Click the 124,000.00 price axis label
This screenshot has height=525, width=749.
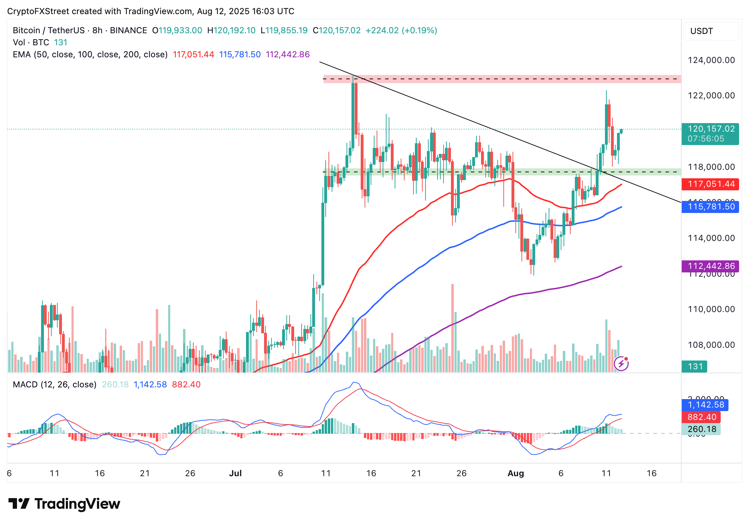point(711,60)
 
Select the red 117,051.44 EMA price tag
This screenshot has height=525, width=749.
point(710,184)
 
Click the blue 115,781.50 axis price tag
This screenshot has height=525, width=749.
point(710,207)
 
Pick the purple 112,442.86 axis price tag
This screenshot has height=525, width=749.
point(710,266)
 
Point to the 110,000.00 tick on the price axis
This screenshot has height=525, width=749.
point(711,309)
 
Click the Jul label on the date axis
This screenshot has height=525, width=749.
point(235,473)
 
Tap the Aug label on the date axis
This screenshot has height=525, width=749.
point(516,473)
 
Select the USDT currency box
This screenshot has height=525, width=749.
point(711,31)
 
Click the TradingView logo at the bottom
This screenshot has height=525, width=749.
point(64,504)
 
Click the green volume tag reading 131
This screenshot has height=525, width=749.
point(694,367)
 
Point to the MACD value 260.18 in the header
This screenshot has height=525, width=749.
point(115,385)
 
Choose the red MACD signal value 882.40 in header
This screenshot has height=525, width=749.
point(186,385)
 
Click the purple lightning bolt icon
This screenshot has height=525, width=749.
point(621,363)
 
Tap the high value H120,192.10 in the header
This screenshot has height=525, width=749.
point(231,30)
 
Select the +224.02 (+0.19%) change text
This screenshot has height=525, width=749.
point(401,30)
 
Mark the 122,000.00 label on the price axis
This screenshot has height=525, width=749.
point(711,96)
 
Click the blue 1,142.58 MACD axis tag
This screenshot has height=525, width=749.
point(705,405)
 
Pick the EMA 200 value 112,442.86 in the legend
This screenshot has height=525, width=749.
point(288,54)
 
